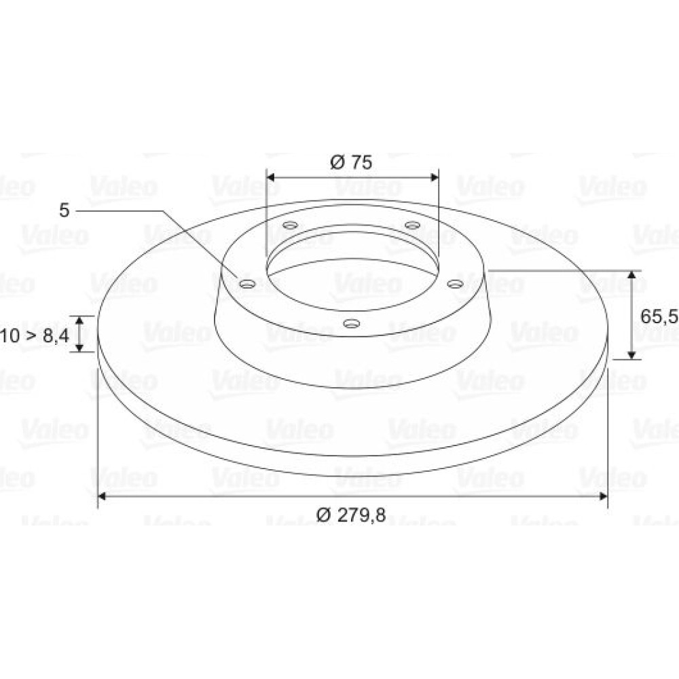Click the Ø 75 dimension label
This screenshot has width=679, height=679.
351,162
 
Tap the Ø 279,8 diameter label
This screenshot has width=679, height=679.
351,515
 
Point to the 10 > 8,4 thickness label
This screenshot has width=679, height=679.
34,335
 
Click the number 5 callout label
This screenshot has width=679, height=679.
64,210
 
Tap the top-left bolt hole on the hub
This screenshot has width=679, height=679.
290,225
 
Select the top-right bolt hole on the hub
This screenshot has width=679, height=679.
412,225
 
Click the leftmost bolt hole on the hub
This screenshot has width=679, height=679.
248,284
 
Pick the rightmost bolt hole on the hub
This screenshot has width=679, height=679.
455,284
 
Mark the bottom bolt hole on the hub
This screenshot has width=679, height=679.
352,323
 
